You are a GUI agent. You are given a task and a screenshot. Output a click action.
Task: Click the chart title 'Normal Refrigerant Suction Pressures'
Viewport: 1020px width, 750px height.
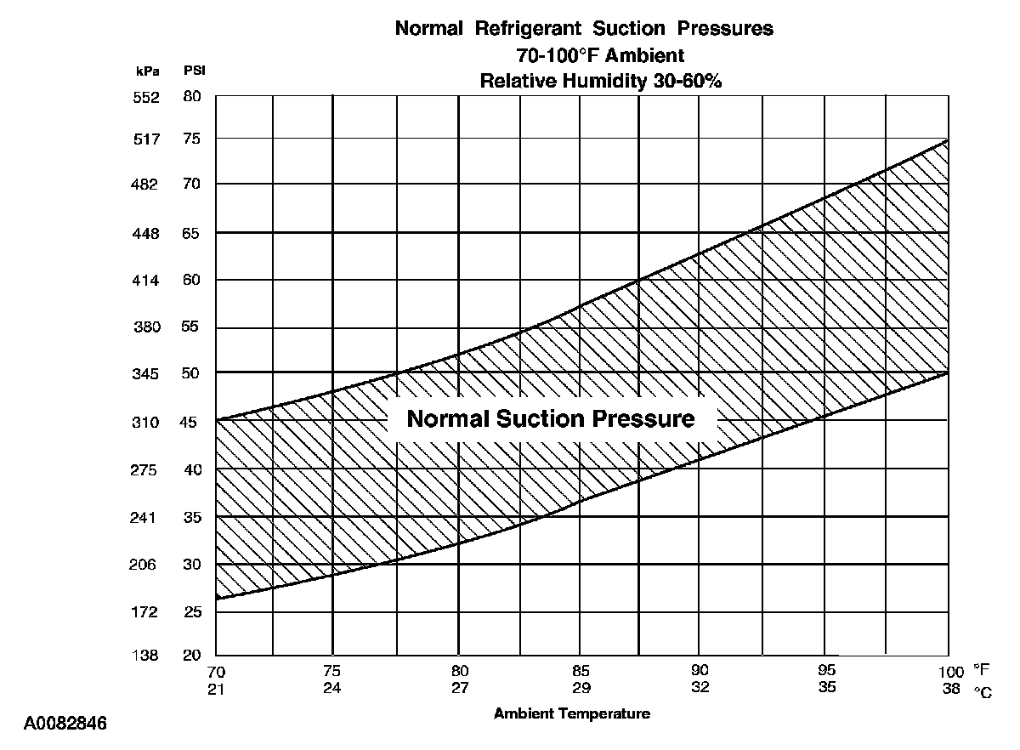pyautogui.click(x=584, y=28)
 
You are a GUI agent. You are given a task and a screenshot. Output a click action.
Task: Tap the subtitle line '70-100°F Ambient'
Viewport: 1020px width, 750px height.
pyautogui.click(x=584, y=55)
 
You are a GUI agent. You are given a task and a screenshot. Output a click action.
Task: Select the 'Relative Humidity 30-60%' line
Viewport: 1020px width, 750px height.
pyautogui.click(x=584, y=82)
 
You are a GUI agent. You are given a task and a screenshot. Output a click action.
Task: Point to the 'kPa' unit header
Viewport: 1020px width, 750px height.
pyautogui.click(x=146, y=71)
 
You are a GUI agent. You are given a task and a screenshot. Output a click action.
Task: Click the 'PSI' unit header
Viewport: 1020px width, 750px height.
pyautogui.click(x=195, y=71)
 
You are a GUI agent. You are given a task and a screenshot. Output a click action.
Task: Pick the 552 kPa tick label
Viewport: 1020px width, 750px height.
pyautogui.click(x=146, y=98)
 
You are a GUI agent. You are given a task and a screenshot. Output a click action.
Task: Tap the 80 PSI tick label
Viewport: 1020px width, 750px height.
pyautogui.click(x=192, y=97)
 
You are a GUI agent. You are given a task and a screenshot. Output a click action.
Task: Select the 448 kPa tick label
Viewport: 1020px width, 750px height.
pyautogui.click(x=146, y=234)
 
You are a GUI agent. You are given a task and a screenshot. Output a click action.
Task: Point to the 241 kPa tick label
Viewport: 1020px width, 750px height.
pyautogui.click(x=146, y=518)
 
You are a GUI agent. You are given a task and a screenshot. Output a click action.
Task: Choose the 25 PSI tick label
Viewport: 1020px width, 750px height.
pyautogui.click(x=192, y=612)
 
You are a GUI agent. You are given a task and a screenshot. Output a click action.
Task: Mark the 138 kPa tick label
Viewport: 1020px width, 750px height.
pyautogui.click(x=146, y=656)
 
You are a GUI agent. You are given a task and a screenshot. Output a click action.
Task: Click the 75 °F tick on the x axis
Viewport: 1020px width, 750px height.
pyautogui.click(x=332, y=670)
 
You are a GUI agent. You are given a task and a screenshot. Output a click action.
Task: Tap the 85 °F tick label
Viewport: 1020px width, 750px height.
pyautogui.click(x=581, y=670)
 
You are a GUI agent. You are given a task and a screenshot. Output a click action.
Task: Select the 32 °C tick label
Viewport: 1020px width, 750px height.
pyautogui.click(x=700, y=688)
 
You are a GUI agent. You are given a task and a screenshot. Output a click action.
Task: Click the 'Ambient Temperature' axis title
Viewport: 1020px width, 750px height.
pyautogui.click(x=572, y=714)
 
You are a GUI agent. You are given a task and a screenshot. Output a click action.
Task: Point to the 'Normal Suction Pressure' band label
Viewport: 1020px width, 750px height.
pyautogui.click(x=551, y=419)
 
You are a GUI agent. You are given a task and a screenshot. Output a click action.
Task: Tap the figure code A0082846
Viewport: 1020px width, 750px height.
pyautogui.click(x=65, y=724)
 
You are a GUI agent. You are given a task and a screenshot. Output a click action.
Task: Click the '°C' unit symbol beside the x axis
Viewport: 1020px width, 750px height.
pyautogui.click(x=983, y=691)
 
